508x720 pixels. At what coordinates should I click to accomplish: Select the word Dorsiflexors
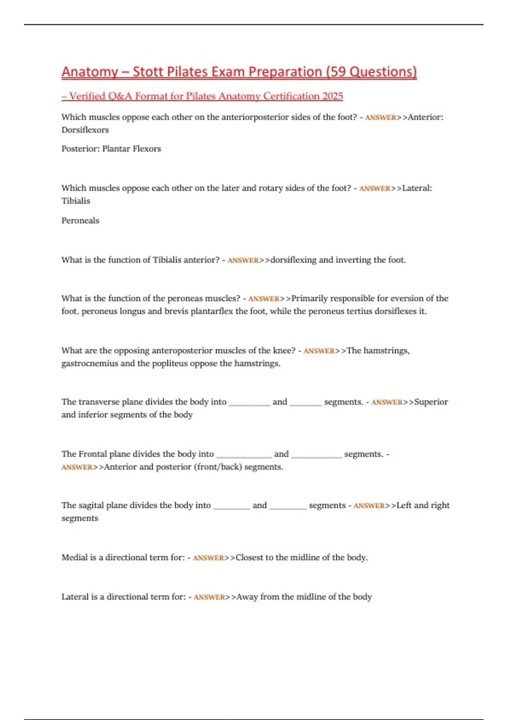point(85,130)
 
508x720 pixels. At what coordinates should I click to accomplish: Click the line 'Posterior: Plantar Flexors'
point(111,149)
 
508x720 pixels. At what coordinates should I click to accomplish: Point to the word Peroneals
point(80,221)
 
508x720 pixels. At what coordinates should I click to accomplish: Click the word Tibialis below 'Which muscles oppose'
point(76,201)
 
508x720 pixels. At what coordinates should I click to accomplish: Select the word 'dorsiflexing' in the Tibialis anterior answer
point(293,260)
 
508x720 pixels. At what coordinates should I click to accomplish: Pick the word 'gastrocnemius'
point(90,363)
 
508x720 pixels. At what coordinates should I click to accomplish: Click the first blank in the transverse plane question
point(249,404)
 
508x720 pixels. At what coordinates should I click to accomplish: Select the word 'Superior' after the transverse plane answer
point(431,402)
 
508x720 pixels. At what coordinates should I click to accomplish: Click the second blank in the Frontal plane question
point(316,456)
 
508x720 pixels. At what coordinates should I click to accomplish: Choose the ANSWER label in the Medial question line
point(208,558)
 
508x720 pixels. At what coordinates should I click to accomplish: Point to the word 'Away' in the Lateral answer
point(247,597)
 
